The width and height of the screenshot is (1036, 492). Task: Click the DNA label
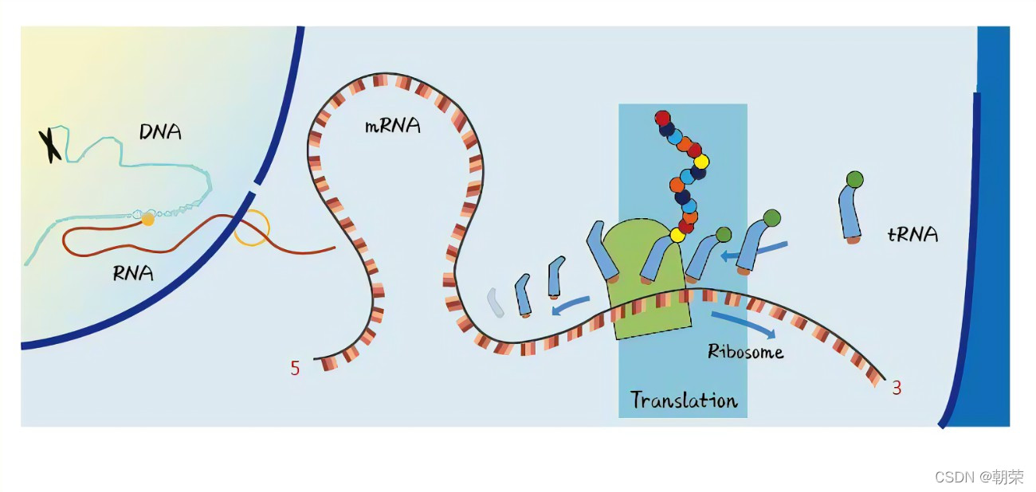pos(160,131)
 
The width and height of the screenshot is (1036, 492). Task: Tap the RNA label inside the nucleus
pos(133,274)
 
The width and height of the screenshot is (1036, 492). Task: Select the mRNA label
pos(391,125)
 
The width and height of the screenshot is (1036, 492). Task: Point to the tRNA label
pos(912,234)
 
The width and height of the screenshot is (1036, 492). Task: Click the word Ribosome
pos(745,351)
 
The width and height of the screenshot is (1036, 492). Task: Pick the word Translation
pos(684,400)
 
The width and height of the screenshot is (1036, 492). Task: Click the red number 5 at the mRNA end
pos(295,369)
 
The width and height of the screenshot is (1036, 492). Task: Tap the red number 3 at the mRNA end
pos(897,389)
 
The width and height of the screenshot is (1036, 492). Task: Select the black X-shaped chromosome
pos(50,145)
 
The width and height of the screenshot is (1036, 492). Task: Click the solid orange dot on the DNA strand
pos(147,219)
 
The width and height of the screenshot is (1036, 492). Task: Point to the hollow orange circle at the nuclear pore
pos(252,227)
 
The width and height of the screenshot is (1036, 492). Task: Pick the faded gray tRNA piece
pos(496,303)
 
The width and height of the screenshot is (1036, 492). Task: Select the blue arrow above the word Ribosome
pos(741,323)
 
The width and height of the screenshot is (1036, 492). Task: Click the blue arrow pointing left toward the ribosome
pos(755,251)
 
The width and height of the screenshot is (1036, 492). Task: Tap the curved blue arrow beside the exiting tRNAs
pos(571,305)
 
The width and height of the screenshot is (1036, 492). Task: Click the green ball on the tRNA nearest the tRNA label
pos(854,180)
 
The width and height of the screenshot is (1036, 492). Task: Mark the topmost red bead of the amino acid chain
pos(662,119)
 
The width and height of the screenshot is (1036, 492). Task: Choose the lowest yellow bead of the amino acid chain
pos(677,235)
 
